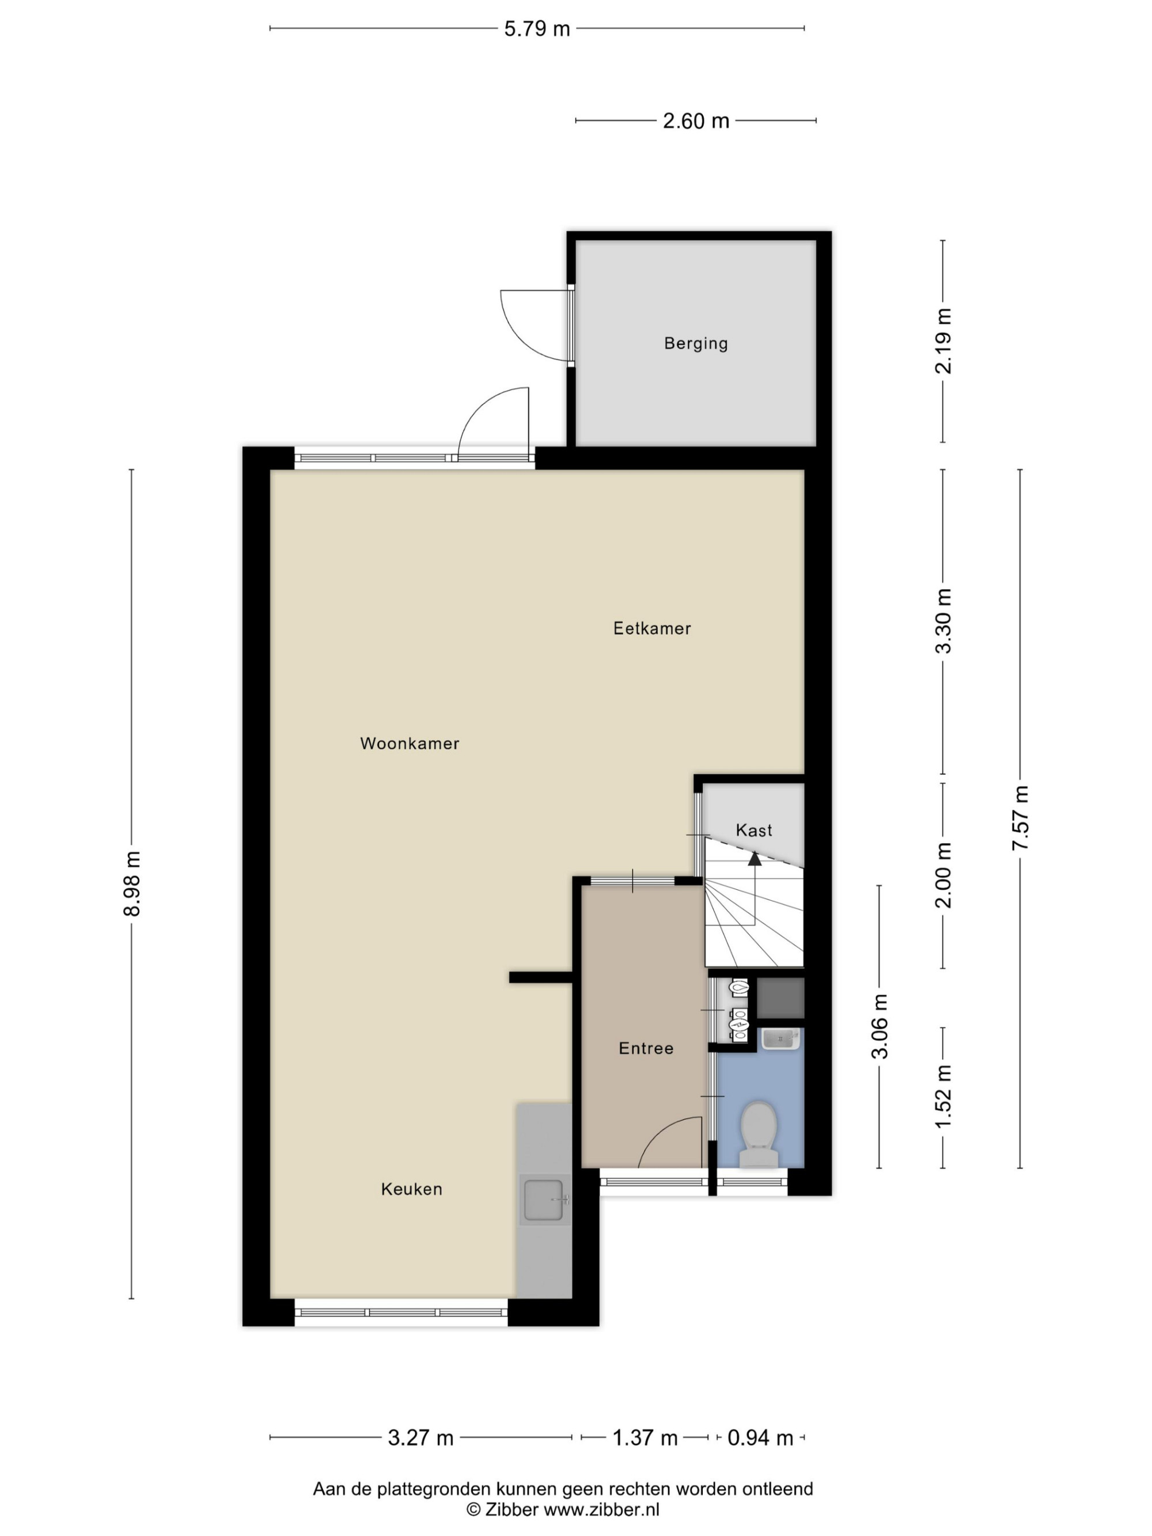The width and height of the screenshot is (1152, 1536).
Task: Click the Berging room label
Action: coord(696,343)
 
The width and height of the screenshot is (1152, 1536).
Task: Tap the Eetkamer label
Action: coord(652,628)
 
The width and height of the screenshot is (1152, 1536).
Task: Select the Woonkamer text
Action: coord(410,744)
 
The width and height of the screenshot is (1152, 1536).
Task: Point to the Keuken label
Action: coord(412,1189)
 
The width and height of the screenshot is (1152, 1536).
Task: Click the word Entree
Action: coord(646,1049)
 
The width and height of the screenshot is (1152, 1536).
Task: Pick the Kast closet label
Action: coord(754,830)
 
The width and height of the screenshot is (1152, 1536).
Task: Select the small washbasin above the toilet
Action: coord(781,1040)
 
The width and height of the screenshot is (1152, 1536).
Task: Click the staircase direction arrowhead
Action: coord(755,859)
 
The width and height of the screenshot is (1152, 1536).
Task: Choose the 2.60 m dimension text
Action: coord(696,122)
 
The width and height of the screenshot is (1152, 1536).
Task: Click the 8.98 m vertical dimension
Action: coord(132,883)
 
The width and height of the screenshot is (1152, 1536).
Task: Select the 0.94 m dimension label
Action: coord(760,1438)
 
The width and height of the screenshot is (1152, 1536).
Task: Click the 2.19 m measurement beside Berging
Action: coord(943,341)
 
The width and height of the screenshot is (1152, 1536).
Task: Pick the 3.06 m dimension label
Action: coord(880,1026)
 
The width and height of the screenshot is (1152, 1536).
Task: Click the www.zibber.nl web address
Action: coord(601,1509)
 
